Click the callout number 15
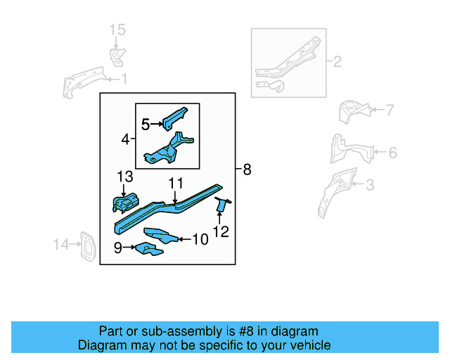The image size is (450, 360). (117, 29)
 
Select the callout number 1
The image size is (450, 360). (123, 79)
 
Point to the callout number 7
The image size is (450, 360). (390, 110)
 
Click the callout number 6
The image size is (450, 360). (392, 153)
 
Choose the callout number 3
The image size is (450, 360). (370, 185)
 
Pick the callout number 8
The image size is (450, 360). (246, 169)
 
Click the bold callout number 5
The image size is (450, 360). (146, 124)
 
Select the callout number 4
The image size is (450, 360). (125, 140)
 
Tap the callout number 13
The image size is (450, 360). (124, 176)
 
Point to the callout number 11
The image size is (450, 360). (175, 184)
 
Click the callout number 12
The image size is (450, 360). (221, 231)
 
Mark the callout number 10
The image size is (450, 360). (200, 240)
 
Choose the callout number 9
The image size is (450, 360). (118, 247)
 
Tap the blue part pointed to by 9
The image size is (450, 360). (146, 249)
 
